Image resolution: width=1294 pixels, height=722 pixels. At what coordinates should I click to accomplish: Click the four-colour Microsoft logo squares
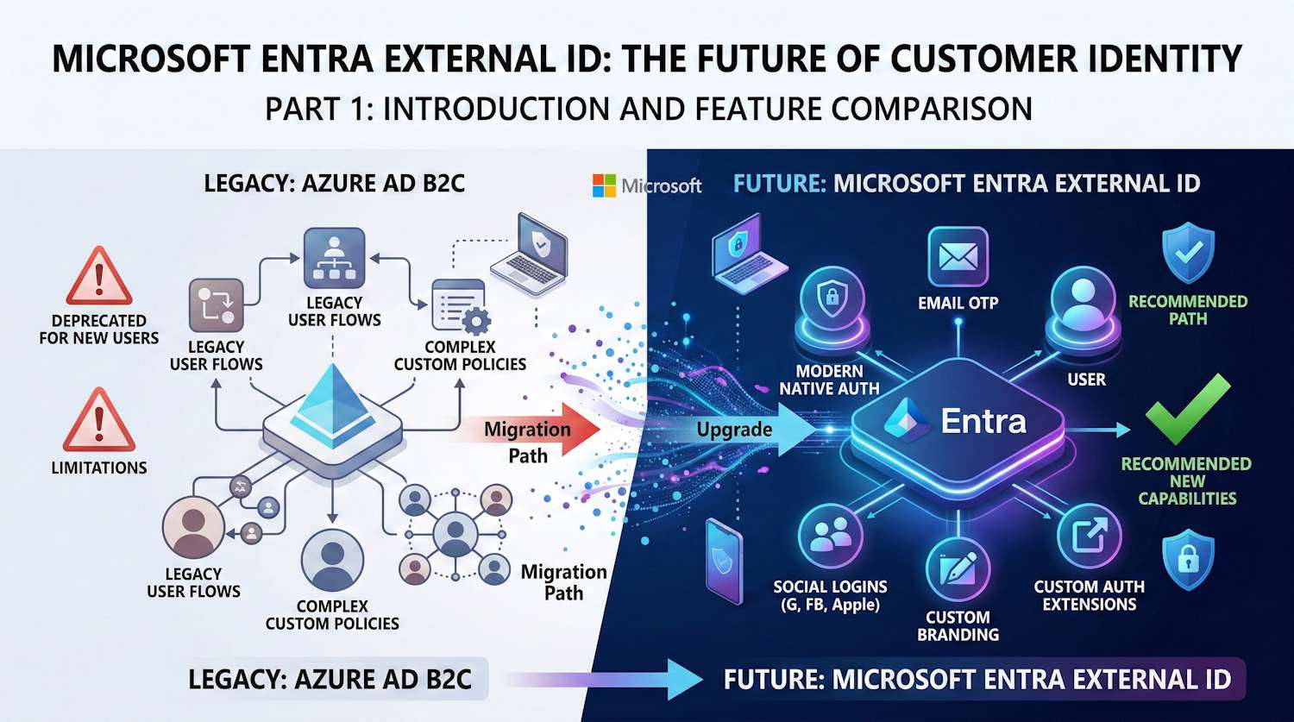click(604, 185)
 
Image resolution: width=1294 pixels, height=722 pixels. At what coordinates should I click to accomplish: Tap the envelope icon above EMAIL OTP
click(958, 256)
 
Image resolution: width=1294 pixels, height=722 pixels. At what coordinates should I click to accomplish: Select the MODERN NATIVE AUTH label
click(829, 380)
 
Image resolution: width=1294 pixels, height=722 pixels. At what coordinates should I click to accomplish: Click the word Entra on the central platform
click(983, 421)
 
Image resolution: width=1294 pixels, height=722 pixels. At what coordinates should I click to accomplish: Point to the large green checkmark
click(1187, 409)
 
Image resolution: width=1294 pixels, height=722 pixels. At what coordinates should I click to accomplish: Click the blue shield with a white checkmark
click(1188, 252)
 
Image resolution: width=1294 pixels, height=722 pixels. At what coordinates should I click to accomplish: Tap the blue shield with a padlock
click(1188, 560)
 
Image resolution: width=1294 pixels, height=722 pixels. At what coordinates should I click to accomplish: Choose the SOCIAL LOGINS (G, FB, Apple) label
click(830, 595)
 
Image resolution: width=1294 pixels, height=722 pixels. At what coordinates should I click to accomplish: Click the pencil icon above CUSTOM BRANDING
click(958, 569)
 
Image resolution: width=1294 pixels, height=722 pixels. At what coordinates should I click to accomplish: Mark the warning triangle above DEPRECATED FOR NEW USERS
click(99, 279)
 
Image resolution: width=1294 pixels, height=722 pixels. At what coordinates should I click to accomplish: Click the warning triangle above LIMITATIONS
click(99, 420)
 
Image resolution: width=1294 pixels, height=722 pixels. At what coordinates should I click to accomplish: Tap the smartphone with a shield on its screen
click(724, 561)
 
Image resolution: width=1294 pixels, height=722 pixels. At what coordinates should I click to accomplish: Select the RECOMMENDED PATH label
click(1188, 310)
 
